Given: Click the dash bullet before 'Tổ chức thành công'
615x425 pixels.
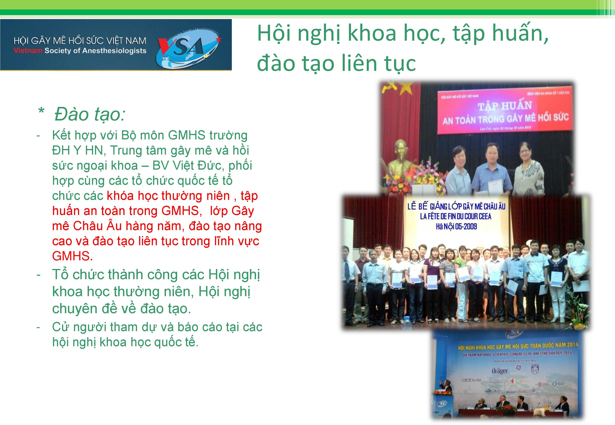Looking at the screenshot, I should click(x=39, y=274).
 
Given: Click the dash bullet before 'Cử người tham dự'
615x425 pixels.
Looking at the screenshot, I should click(x=39, y=327).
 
